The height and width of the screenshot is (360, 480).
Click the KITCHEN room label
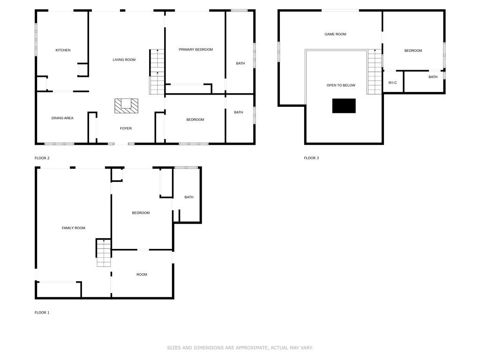pos(63,50)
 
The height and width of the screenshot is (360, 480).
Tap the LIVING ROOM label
pos(124,60)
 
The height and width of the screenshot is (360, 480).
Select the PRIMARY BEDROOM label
pos(195,50)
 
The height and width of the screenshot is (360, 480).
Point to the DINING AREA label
pos(62,118)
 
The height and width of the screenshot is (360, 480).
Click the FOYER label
pos(126,128)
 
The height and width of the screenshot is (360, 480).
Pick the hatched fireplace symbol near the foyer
pos(127,106)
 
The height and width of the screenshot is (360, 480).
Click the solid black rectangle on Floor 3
pos(344,106)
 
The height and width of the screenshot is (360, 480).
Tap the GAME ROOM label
pos(336,34)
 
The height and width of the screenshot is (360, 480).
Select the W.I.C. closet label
pos(393,82)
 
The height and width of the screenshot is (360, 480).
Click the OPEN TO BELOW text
pos(341,85)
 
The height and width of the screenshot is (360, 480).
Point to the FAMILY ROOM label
pos(74,228)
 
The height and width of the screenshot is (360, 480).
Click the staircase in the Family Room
pos(104,253)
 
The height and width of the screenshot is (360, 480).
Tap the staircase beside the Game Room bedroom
pos(375,72)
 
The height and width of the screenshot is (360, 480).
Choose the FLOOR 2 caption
pos(42,158)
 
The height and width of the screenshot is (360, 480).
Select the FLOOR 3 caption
pos(311,158)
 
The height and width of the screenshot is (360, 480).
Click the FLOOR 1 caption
pos(42,313)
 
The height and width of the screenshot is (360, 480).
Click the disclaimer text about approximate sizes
pos(240,348)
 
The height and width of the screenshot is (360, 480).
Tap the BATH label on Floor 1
pos(189,197)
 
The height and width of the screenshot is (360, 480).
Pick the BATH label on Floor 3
pos(433,77)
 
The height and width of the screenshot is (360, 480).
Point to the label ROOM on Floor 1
pos(142,275)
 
